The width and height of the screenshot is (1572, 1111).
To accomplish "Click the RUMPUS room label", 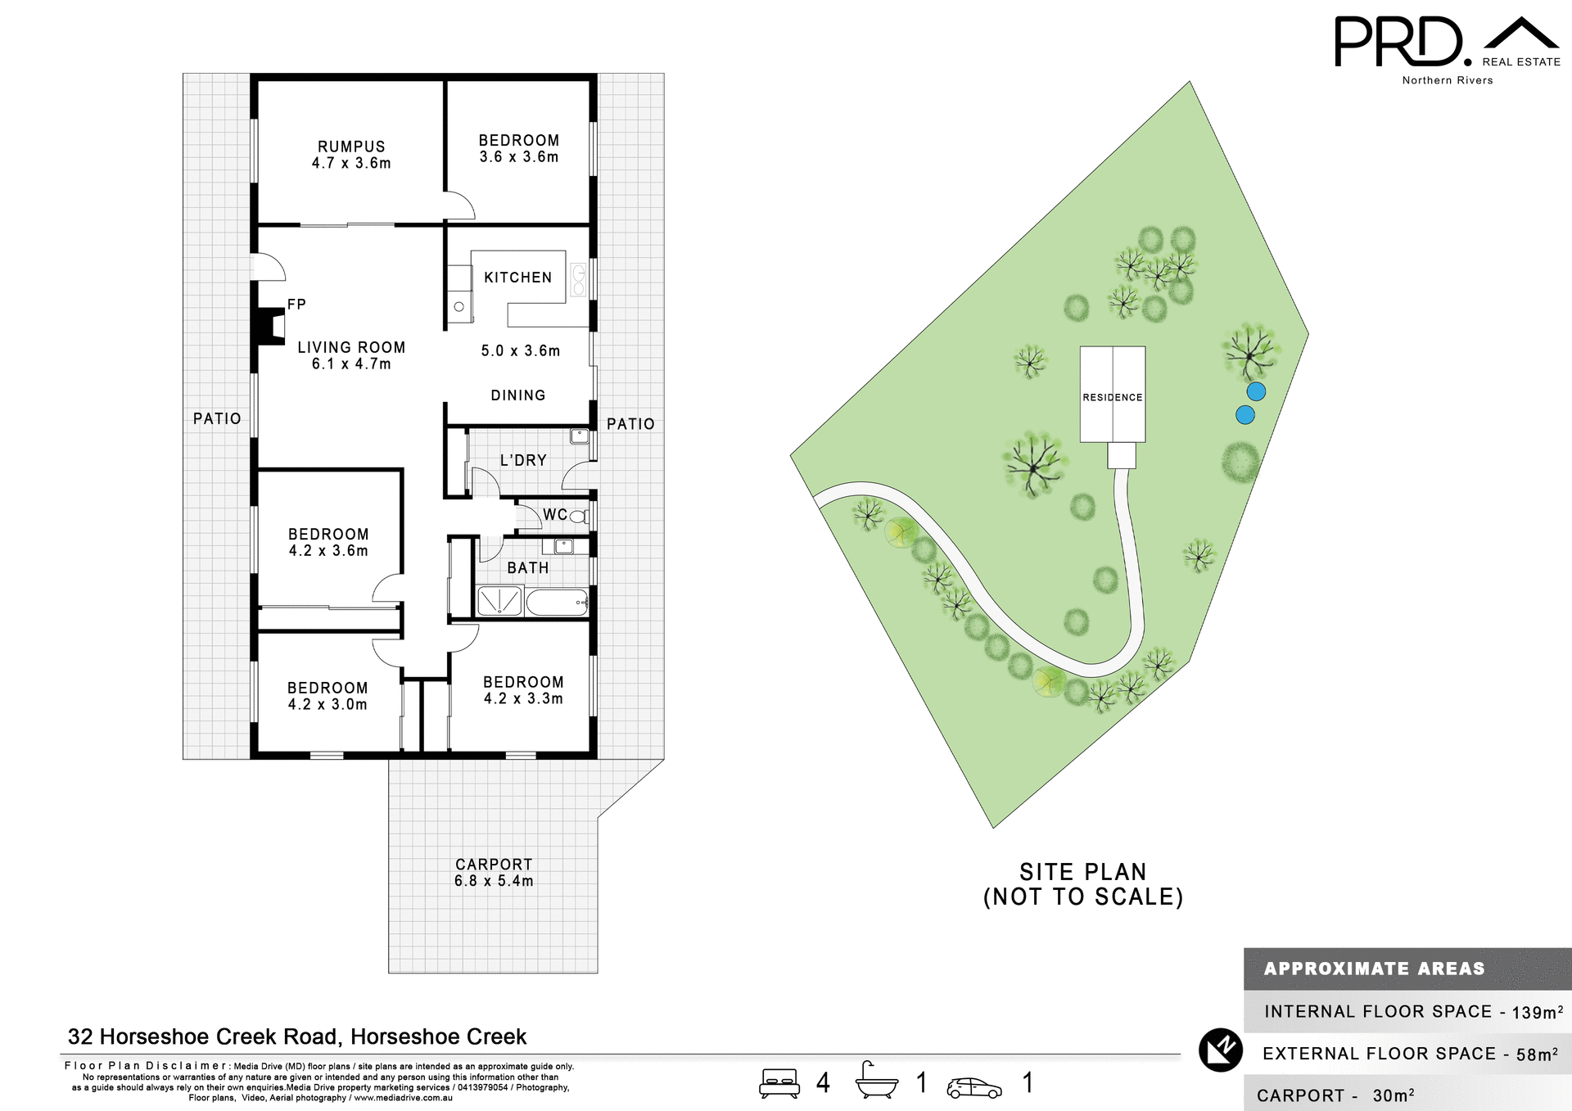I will [x=351, y=147].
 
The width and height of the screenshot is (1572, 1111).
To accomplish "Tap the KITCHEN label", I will [x=517, y=278].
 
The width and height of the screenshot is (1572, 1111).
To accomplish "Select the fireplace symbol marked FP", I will [x=269, y=324].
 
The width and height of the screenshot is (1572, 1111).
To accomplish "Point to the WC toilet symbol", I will [x=578, y=516].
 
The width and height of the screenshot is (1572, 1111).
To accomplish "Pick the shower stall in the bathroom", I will [x=499, y=602].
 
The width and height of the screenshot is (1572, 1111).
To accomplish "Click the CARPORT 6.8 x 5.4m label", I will [x=494, y=873].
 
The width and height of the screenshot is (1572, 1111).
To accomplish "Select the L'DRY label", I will [x=523, y=460].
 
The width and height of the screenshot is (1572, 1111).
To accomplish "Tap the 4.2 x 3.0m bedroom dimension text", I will [x=327, y=705].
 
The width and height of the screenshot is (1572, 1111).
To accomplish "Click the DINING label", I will [x=517, y=395].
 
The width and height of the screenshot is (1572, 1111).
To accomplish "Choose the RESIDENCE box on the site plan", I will [x=1112, y=395].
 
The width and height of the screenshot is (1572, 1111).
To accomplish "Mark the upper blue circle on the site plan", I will [x=1256, y=391].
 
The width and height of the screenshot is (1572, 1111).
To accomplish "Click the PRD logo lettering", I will [x=1398, y=42].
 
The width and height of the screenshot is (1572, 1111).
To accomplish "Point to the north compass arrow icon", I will [x=1221, y=1050].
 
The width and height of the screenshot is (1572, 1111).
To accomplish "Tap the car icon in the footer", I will [x=973, y=1087].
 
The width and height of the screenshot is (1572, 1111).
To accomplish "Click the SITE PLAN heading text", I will [x=1082, y=872].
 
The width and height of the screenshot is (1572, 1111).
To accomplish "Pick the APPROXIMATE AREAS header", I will [x=1374, y=969].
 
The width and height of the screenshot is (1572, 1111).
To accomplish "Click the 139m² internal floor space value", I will [x=1537, y=1012].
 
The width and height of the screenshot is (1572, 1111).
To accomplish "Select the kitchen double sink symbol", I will [x=579, y=279].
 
